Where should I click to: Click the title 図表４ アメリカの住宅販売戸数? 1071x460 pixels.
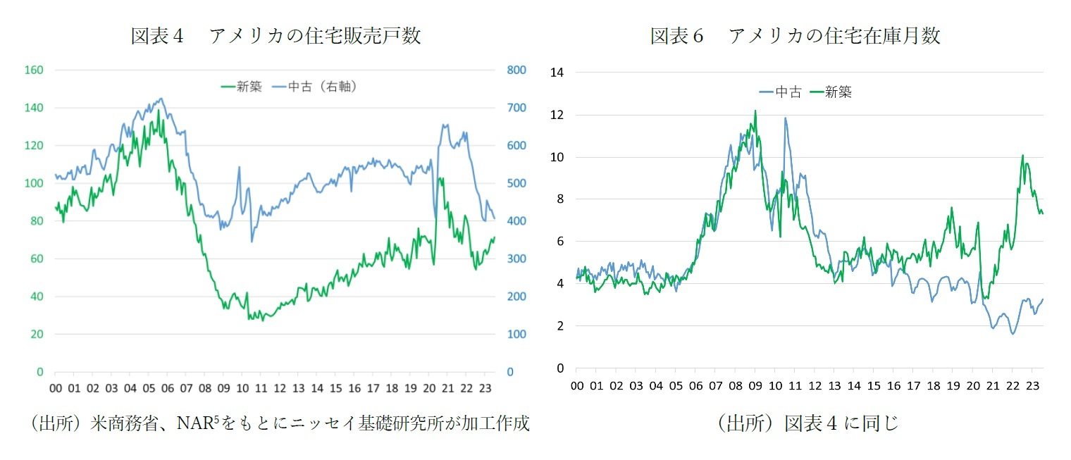click(x=276, y=36)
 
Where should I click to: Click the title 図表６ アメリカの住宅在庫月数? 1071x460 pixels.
click(x=795, y=36)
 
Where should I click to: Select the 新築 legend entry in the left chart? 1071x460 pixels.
click(x=241, y=87)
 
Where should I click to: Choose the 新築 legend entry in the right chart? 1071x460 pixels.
click(x=831, y=92)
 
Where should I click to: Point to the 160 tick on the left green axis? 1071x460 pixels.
click(x=35, y=70)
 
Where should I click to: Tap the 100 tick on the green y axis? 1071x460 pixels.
click(x=35, y=183)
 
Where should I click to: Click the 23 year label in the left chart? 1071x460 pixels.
click(x=484, y=388)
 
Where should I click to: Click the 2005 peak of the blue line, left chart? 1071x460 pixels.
click(x=161, y=99)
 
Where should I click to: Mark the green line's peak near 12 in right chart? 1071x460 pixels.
click(x=755, y=111)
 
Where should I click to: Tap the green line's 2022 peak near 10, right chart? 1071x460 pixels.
click(x=1022, y=156)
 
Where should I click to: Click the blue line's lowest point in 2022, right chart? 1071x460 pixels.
click(x=1013, y=333)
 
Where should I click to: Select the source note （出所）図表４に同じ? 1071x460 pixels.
click(x=807, y=423)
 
